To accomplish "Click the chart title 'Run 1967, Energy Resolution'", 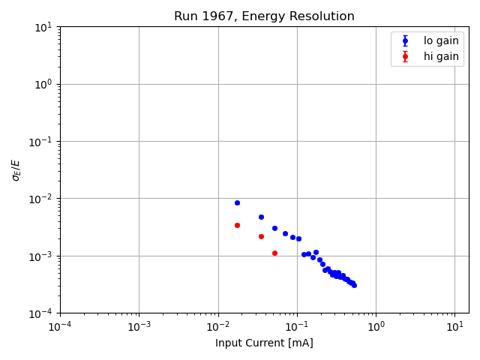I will (264, 16).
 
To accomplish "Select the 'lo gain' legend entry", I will (441, 41).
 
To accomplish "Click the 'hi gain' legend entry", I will (441, 56).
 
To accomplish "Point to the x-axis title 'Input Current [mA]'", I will (264, 343).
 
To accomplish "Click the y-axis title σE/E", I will (16, 169).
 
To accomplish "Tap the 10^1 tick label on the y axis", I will (43, 27).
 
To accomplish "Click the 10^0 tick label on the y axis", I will (43, 84).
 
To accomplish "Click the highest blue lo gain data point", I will (237, 202).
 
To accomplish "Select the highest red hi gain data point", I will (237, 225).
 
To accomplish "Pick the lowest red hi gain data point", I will (274, 253).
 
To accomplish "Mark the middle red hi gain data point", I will (261, 236).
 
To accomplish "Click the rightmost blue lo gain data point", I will (354, 285).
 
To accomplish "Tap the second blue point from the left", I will (261, 217).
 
